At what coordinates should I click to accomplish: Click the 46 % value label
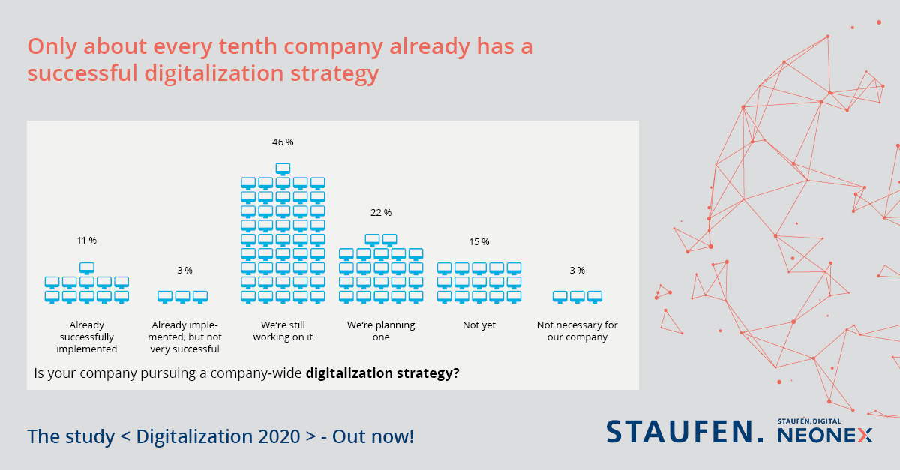(283, 142)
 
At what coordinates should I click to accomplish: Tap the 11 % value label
(86, 241)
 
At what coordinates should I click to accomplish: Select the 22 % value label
(381, 213)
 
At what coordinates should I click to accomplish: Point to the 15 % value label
(478, 241)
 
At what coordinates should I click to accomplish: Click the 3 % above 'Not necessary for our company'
(576, 270)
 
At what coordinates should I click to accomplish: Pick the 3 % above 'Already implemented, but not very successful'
(184, 270)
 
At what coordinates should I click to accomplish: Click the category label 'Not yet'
(478, 325)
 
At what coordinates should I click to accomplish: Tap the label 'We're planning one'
(381, 331)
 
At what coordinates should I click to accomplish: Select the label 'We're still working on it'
(283, 331)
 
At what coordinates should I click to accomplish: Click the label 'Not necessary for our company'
(577, 331)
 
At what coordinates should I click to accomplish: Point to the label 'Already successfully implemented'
(87, 337)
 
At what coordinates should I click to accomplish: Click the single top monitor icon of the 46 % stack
(283, 169)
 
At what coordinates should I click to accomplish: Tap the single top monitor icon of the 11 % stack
(87, 267)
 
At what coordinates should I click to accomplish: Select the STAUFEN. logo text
(685, 431)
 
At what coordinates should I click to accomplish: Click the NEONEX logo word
(825, 435)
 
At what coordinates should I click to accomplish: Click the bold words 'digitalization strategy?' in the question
(382, 373)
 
